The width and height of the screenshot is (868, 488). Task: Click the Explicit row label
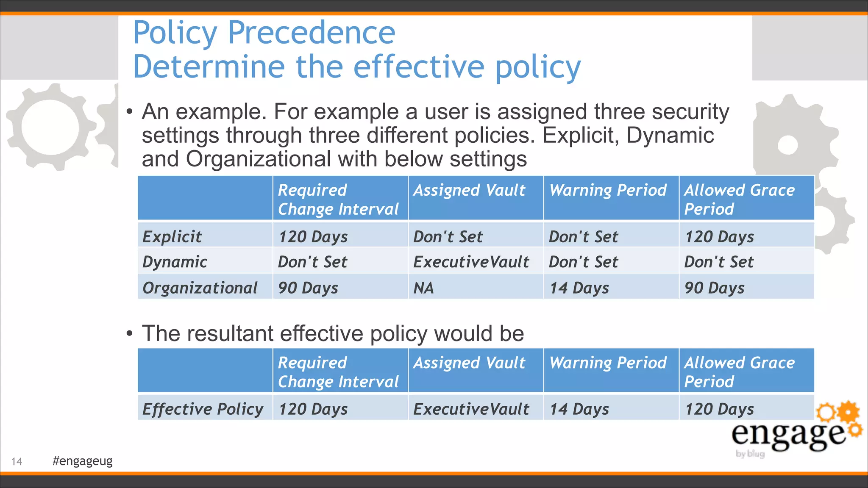click(172, 236)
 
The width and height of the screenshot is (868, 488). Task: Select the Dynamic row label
click(175, 262)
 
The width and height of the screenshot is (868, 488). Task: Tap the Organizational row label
click(200, 288)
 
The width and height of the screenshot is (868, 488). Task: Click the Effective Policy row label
click(203, 409)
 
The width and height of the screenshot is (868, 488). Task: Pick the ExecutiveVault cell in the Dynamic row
click(471, 262)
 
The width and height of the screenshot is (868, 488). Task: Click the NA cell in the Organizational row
click(423, 288)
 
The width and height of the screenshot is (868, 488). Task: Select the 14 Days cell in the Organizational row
click(579, 288)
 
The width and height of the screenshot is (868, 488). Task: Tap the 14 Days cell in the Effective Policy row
click(579, 409)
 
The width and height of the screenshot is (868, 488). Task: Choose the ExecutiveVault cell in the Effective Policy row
click(471, 409)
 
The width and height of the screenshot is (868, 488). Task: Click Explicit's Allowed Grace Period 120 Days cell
click(719, 236)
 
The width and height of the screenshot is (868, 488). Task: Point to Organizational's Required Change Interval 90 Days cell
click(308, 288)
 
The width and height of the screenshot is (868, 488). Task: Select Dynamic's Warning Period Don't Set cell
click(583, 262)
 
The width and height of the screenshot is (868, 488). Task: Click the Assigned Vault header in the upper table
click(469, 190)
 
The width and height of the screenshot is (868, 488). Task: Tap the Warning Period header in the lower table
click(608, 363)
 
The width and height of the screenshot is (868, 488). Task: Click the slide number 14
click(17, 461)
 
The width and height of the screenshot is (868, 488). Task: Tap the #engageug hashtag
click(82, 460)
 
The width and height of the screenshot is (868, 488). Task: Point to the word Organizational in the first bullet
click(258, 159)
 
